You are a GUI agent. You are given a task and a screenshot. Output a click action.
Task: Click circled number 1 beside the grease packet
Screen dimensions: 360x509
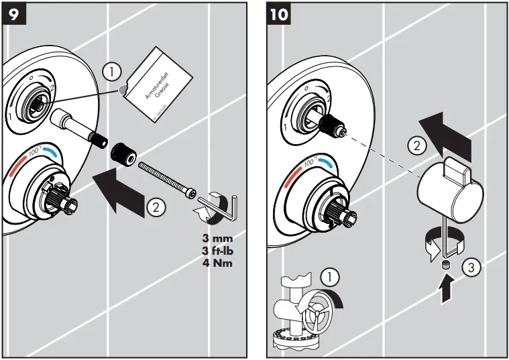[113, 70]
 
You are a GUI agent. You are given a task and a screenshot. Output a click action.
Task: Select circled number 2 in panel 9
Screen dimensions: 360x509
[155, 207]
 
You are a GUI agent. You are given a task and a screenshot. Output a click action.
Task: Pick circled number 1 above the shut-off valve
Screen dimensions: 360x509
[329, 275]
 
